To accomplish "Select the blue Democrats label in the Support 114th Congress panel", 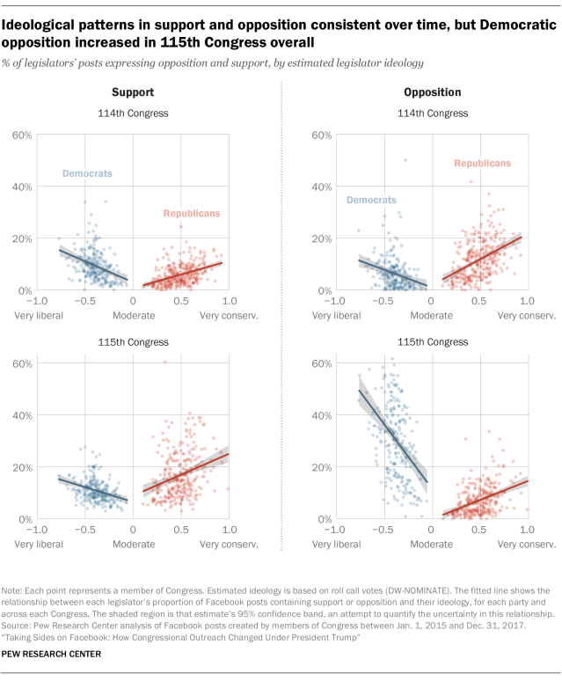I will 87,174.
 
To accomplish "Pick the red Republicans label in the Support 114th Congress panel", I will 192,214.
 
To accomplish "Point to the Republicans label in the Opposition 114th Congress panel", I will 482,164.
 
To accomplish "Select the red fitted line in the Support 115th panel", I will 185,472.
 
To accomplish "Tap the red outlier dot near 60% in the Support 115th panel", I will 164,362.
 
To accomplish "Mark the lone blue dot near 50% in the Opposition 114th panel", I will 405,160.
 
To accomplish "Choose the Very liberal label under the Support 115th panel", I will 38,545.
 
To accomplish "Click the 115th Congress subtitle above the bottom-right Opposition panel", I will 431,341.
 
